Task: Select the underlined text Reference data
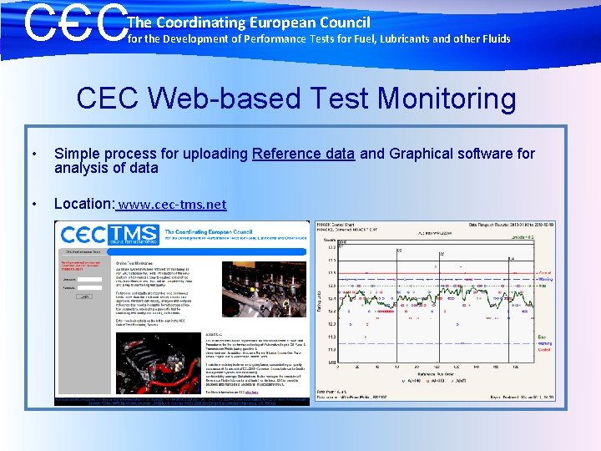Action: click(303, 154)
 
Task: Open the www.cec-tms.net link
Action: click(172, 204)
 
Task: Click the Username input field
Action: click(83, 280)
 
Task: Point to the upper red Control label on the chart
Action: click(544, 273)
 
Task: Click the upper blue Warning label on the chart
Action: click(544, 280)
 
